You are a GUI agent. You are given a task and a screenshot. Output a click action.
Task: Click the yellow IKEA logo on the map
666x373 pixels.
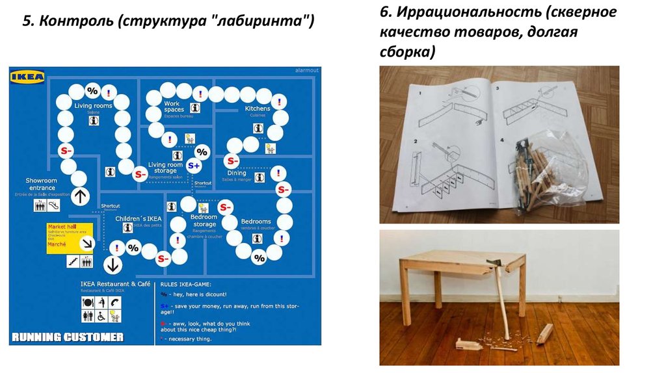pos(27,77)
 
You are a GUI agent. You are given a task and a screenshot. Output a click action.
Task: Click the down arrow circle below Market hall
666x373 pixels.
pos(113,264)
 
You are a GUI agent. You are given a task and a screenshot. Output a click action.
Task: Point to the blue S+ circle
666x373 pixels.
pos(194,166)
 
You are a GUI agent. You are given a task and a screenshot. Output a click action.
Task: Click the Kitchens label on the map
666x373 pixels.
pos(258,109)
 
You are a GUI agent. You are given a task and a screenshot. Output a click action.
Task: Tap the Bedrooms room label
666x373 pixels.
pos(256,222)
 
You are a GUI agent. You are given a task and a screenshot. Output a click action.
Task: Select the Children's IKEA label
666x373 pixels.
pos(139,219)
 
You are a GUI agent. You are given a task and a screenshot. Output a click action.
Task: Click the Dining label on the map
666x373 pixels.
pos(237,173)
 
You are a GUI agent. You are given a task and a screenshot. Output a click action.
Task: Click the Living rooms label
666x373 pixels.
pos(93,105)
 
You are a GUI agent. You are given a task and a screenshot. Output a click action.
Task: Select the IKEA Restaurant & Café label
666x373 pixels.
pos(115,284)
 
